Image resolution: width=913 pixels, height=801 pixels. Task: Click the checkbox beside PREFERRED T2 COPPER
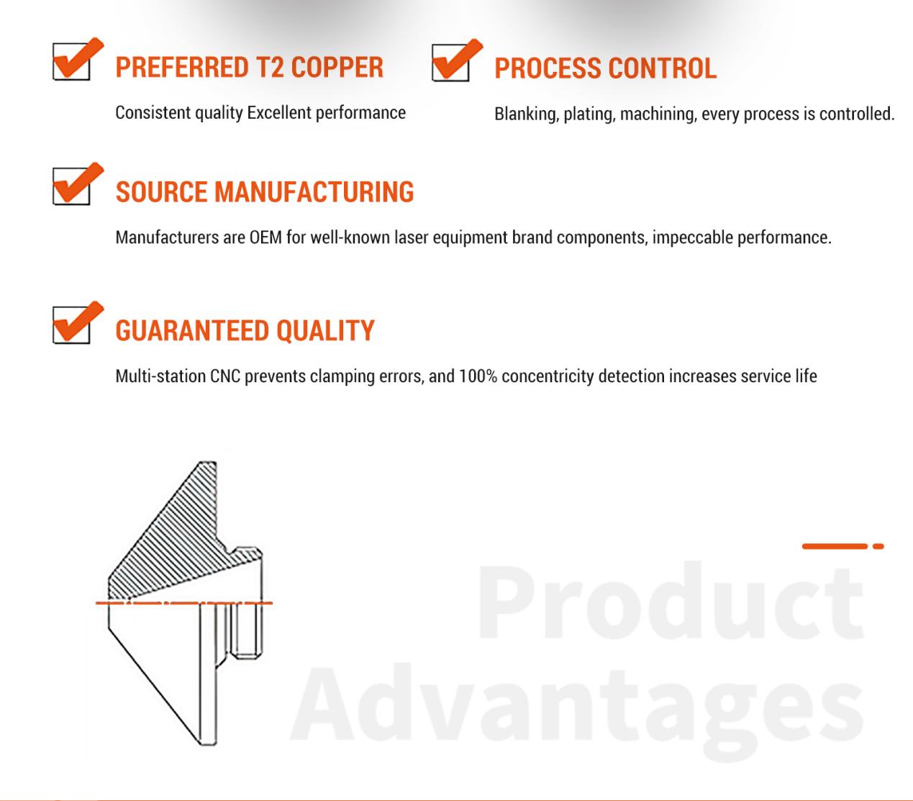point(72,61)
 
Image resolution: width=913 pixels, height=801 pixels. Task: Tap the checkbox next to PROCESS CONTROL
point(450,63)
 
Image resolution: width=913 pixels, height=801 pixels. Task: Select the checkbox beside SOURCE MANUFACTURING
point(72,186)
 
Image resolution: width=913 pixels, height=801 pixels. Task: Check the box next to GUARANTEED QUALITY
point(72,325)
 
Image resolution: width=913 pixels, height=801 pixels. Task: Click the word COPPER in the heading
point(337,67)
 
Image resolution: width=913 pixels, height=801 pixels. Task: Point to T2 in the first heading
point(270,67)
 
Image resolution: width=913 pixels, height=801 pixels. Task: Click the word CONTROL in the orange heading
point(663,68)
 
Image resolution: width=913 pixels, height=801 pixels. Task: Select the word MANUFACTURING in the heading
point(314,192)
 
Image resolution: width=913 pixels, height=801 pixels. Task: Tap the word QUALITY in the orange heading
point(325,330)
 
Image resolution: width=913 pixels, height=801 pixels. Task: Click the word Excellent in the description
point(279,113)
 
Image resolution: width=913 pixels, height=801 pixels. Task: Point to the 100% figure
point(478,376)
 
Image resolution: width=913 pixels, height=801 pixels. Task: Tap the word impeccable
point(692,238)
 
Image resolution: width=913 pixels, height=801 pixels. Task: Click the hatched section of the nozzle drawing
point(181,541)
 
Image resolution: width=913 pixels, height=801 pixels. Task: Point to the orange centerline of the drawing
point(184,602)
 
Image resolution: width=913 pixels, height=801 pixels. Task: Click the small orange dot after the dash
point(878,546)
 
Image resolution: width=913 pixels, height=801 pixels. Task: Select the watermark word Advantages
point(577,707)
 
